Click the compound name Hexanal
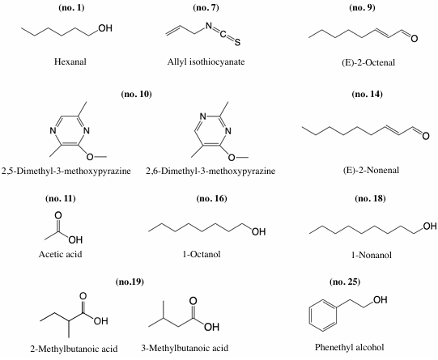click(70, 61)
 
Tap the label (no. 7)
click(206, 7)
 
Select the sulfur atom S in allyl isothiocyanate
click(237, 42)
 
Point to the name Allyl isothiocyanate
click(206, 61)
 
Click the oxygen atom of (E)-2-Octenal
click(414, 38)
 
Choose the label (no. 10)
click(136, 94)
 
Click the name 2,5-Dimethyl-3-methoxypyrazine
click(66, 171)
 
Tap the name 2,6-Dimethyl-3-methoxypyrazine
click(210, 171)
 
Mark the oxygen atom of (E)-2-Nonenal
click(425, 136)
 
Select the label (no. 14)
click(367, 94)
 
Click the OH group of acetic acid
click(75, 239)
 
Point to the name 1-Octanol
click(202, 254)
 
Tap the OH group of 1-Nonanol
click(430, 226)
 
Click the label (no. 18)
click(370, 198)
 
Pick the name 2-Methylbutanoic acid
click(74, 349)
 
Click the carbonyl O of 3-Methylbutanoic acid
click(193, 301)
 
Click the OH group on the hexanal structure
click(105, 28)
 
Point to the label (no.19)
click(130, 282)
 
